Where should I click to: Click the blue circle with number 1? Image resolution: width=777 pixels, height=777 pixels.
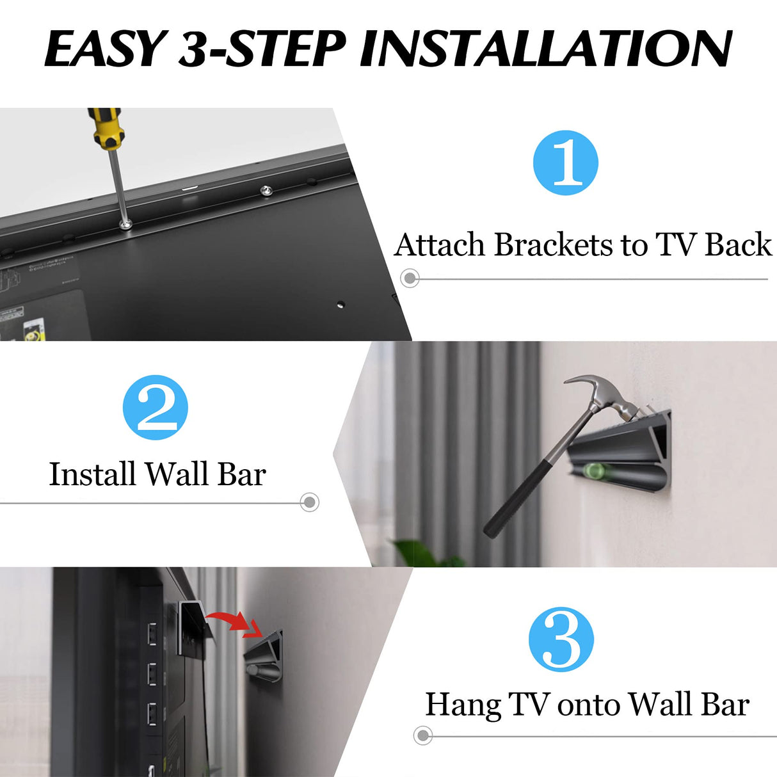tap(565, 163)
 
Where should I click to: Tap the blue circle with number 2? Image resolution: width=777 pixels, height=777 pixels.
tap(156, 408)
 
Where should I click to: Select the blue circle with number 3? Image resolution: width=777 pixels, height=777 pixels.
tap(561, 639)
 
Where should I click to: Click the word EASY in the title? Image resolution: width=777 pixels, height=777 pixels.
tap(104, 49)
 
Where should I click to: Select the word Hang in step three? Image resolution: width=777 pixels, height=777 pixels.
tap(463, 705)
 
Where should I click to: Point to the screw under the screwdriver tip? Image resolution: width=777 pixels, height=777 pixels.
tap(126, 224)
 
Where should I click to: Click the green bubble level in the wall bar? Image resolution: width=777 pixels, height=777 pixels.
tap(596, 472)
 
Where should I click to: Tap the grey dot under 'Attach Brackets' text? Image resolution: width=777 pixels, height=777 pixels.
tap(410, 278)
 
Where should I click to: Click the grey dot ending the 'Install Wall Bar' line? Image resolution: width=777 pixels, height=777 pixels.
tap(310, 502)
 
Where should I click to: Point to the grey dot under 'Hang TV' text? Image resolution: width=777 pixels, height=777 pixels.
tap(422, 735)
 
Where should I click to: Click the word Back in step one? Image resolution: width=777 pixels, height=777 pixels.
tap(738, 245)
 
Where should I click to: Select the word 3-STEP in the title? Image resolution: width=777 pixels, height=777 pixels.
tap(262, 49)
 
